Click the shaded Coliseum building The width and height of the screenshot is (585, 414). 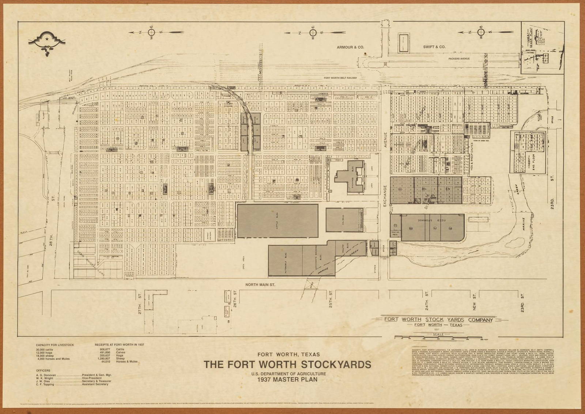(344, 220)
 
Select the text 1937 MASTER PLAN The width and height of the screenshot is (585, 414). (287, 380)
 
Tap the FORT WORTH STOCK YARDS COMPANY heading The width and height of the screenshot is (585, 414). (438, 320)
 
